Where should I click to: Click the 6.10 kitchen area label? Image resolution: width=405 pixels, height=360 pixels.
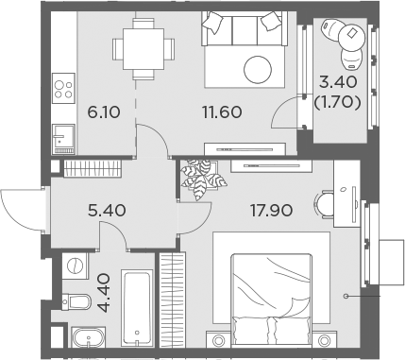click(x=104, y=112)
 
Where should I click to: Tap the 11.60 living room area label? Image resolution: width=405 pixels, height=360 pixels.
click(x=222, y=112)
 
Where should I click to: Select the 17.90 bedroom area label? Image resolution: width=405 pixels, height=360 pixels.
click(x=271, y=210)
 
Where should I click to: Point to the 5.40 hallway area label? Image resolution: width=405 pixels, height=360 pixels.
click(x=107, y=210)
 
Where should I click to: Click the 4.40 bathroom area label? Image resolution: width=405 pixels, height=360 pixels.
click(x=104, y=293)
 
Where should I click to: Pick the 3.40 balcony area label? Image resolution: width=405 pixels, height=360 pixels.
click(x=338, y=82)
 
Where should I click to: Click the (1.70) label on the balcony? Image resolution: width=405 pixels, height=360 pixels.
click(x=337, y=102)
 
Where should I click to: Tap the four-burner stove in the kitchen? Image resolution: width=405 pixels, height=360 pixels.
click(x=64, y=89)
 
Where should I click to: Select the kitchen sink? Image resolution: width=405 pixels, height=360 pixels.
click(x=64, y=139)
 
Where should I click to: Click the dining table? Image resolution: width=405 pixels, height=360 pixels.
click(x=143, y=49)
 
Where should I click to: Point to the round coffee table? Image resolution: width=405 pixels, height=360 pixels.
click(x=258, y=70)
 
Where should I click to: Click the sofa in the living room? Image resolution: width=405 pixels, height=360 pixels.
click(x=245, y=29)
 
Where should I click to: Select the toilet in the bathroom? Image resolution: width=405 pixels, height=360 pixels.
click(x=76, y=302)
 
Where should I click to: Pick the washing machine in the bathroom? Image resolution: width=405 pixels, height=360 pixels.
click(x=76, y=266)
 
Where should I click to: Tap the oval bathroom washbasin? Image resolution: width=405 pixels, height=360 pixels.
click(x=89, y=337)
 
